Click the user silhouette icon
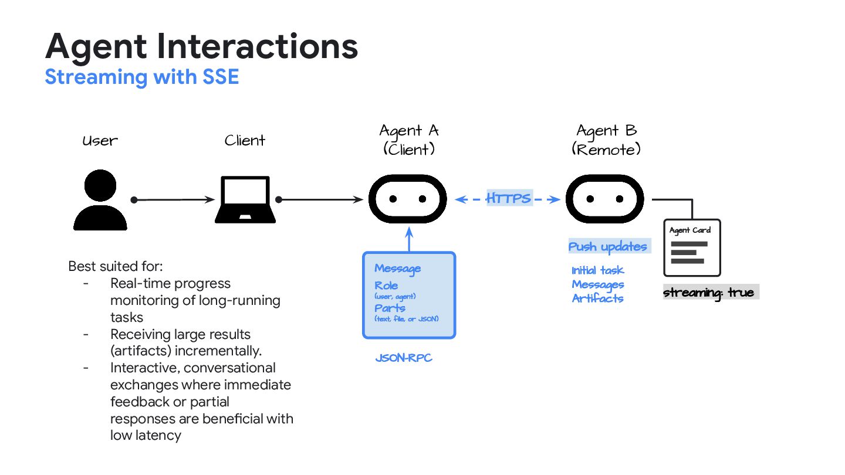(100, 201)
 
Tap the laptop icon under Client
(245, 200)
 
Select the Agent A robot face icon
(407, 199)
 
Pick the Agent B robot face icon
(604, 199)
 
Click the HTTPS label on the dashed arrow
(508, 199)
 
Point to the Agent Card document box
(691, 247)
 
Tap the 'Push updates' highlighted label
(608, 247)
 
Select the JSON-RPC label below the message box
(404, 358)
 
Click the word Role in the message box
(386, 286)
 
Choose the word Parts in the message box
(390, 308)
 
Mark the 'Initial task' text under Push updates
(597, 270)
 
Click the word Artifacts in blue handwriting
(597, 298)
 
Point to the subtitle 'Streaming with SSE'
(142, 77)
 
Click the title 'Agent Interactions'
(201, 46)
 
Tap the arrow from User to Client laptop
(174, 200)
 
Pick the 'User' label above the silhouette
(100, 141)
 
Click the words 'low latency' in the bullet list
(146, 435)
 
